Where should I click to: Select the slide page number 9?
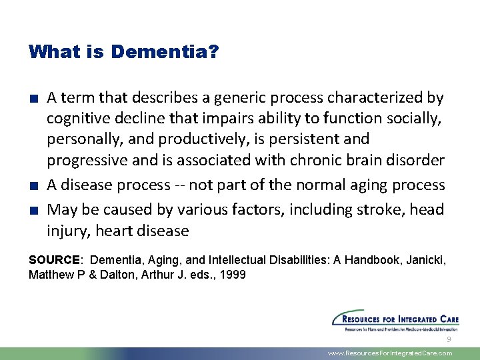tap(449, 339)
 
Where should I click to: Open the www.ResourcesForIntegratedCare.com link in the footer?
tap(390, 353)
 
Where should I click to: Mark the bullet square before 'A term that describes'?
tap(33, 99)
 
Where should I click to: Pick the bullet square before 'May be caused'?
tap(33, 210)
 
